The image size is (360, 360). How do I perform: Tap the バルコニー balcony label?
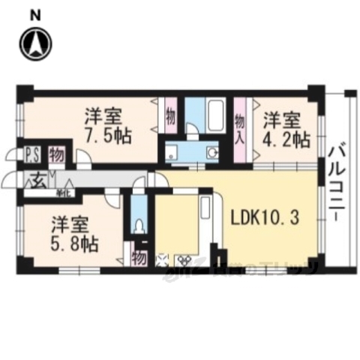334,180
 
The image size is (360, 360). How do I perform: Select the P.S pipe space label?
34,155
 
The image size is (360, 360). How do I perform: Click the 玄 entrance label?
37,179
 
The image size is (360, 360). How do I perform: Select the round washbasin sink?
212,152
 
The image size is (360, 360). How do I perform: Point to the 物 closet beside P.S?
56,155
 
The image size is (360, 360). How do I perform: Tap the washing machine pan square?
172,152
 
